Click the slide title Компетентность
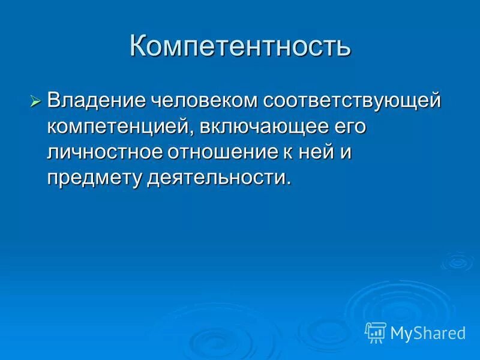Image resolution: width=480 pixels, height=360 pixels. [240, 47]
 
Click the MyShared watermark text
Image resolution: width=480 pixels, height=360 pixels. [428, 332]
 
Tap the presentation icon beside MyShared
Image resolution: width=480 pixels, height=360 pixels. [376, 332]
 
